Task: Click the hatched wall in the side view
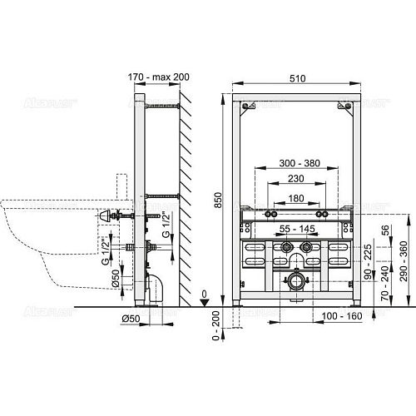pos(188,191)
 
